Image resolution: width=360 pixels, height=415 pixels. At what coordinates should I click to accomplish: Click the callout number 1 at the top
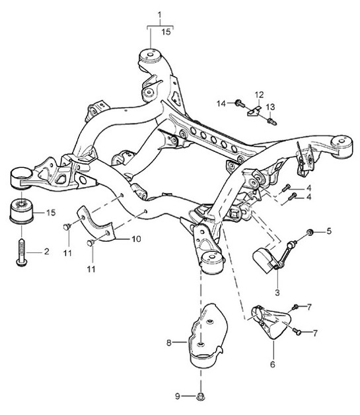point(159,14)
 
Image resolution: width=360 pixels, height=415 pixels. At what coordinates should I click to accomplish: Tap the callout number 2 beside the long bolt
point(47,252)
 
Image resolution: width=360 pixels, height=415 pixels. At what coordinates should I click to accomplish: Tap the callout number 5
point(330,232)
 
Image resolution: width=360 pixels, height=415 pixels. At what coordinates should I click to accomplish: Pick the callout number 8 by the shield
point(169,342)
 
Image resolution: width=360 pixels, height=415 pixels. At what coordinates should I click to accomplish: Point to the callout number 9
point(177,396)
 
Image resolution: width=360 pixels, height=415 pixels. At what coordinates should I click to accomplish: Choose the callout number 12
point(260,94)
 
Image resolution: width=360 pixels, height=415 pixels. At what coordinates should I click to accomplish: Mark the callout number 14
point(222,102)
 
